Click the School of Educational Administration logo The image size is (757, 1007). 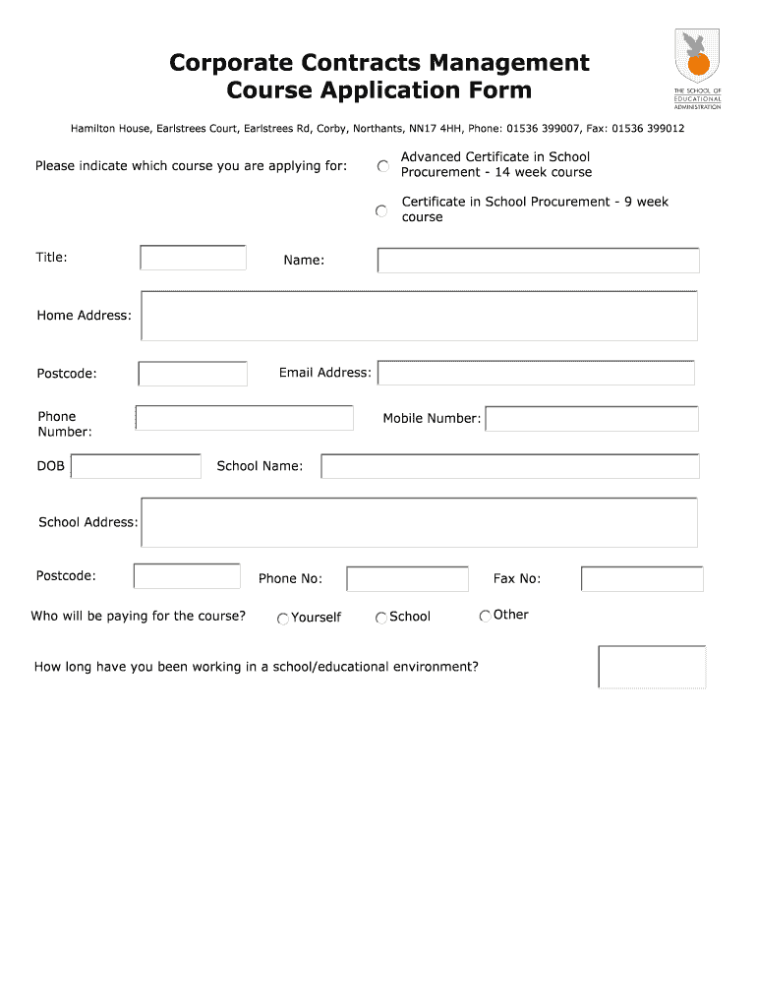click(697, 67)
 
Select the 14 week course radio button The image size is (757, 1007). click(382, 166)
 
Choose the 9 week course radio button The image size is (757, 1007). click(381, 210)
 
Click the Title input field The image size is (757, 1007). click(193, 258)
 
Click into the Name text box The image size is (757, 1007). click(538, 261)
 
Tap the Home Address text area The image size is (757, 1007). click(419, 316)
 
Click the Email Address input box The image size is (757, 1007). click(536, 374)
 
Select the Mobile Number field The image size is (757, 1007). click(592, 419)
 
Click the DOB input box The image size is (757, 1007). click(136, 466)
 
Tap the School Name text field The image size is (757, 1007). click(509, 466)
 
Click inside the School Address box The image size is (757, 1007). click(419, 522)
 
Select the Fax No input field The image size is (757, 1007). click(642, 579)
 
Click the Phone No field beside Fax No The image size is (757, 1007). click(407, 579)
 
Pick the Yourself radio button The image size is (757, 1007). click(283, 619)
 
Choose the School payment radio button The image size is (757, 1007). click(381, 618)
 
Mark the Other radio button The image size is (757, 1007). click(485, 617)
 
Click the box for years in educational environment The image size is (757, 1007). click(652, 667)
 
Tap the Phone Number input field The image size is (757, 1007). click(244, 418)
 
